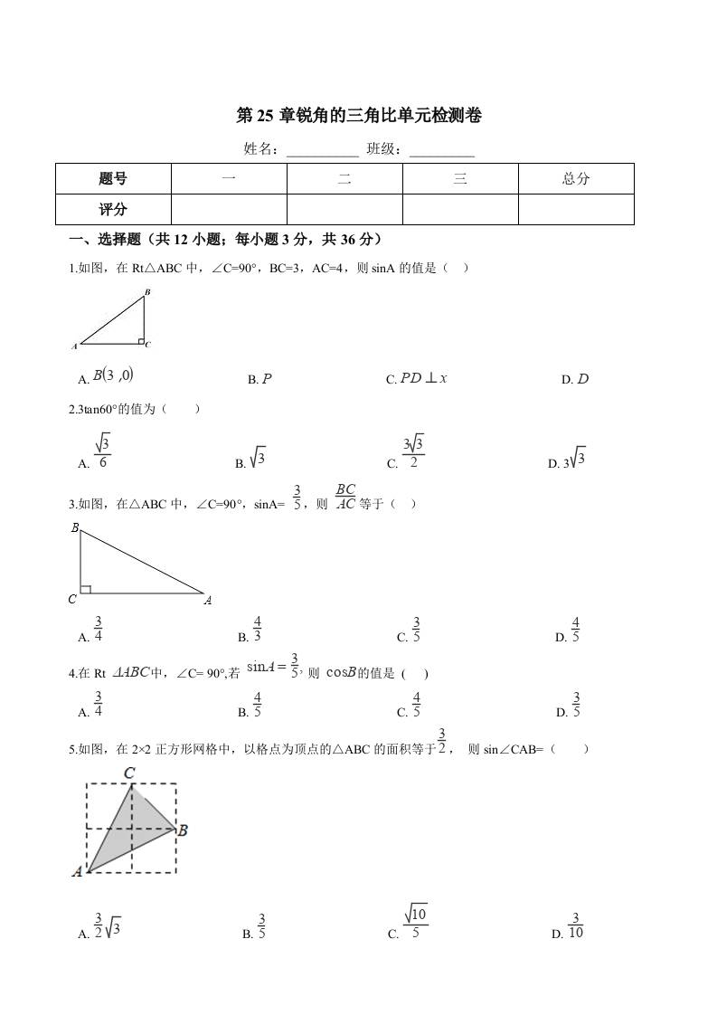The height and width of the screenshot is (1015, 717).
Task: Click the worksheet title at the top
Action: pyautogui.click(x=359, y=116)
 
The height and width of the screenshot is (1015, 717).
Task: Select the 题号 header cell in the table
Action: pyautogui.click(x=113, y=179)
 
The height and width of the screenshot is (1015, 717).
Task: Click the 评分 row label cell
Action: pyautogui.click(x=113, y=209)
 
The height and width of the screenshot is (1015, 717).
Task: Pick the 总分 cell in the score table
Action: pyautogui.click(x=576, y=179)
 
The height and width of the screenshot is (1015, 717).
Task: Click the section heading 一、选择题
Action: pyautogui.click(x=225, y=240)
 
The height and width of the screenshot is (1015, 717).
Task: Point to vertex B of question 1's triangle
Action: pyautogui.click(x=146, y=292)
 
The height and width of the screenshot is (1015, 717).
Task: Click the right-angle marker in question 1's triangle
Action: pyautogui.click(x=141, y=341)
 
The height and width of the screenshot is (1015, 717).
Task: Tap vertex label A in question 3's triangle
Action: pyautogui.click(x=207, y=600)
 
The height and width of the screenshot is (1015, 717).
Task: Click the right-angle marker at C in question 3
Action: pyautogui.click(x=85, y=590)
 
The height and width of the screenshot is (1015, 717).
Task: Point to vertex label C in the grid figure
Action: pyautogui.click(x=129, y=773)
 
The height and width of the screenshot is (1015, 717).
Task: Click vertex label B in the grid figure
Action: pyautogui.click(x=183, y=830)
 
